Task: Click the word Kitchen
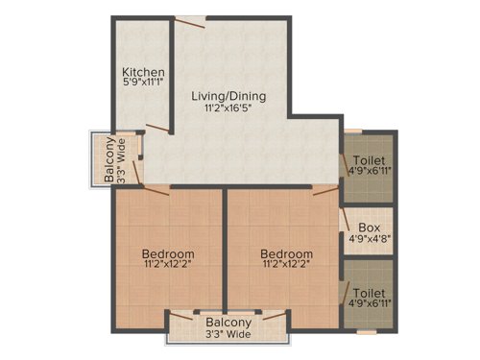tap(143, 73)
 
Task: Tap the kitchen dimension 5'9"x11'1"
tap(143, 84)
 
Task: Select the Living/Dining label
tap(228, 97)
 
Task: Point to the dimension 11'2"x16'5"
tap(228, 108)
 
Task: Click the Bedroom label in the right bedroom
tap(286, 254)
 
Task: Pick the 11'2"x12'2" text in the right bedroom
tap(286, 266)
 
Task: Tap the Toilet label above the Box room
tap(370, 159)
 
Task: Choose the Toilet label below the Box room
tap(370, 291)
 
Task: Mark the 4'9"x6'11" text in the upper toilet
tap(370, 171)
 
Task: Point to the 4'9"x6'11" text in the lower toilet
tap(370, 302)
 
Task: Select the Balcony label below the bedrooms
tap(228, 323)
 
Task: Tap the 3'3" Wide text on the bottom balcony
tap(228, 335)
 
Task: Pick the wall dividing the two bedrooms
tap(226, 250)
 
